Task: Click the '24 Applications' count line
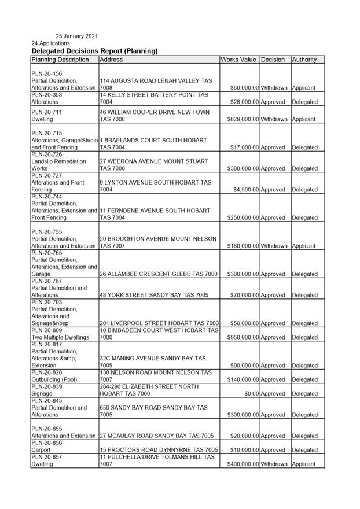coord(50,43)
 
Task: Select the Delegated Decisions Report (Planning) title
coord(94,51)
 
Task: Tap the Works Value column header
coord(238,60)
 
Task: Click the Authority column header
coord(304,60)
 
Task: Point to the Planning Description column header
coord(60,60)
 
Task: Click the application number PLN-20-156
coord(47,74)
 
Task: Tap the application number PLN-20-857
coord(47,457)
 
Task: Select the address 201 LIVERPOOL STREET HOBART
coord(159,323)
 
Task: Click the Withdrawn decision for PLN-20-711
coord(274,119)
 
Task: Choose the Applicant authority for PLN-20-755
coord(304,246)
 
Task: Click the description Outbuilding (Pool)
coord(58,380)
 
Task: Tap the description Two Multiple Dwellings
coord(60,337)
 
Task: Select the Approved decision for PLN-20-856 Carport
coord(273,450)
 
